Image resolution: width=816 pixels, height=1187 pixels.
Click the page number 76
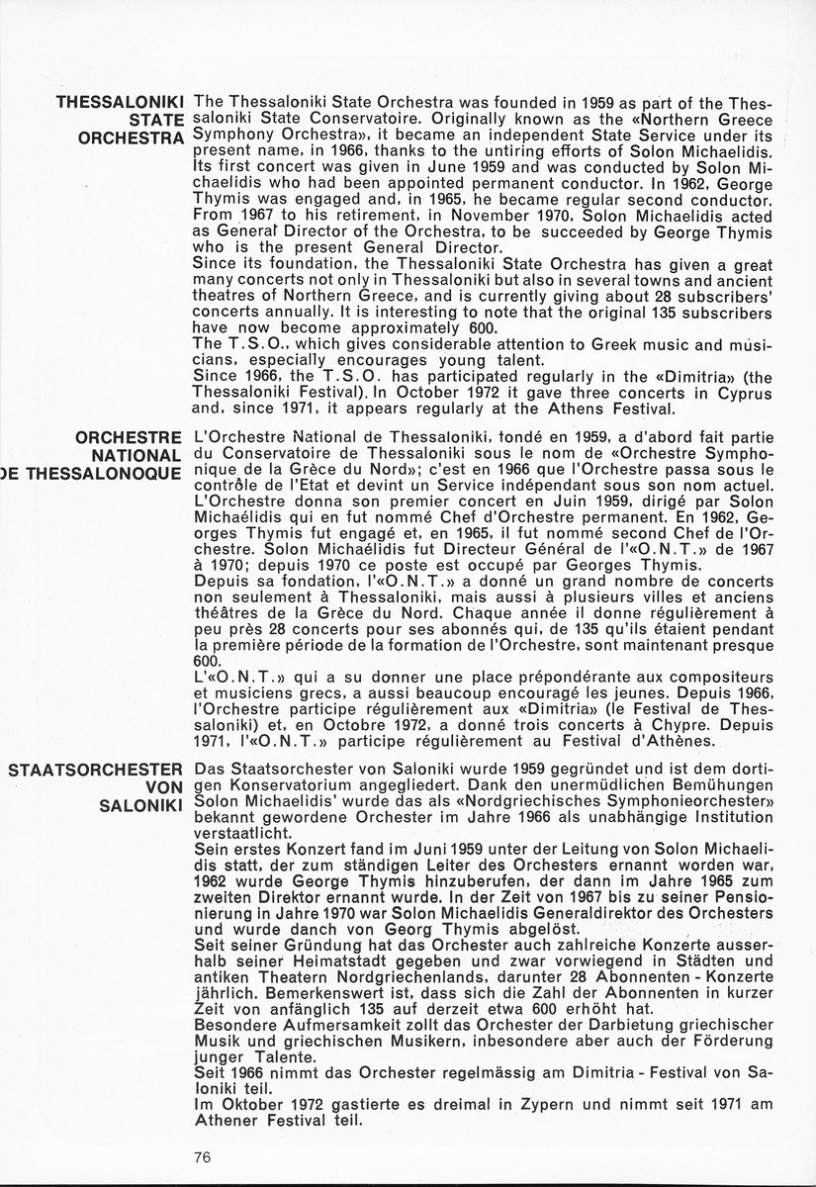coord(205,1156)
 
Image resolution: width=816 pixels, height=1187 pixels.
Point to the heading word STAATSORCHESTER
coord(95,770)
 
